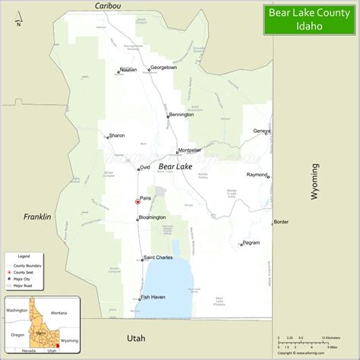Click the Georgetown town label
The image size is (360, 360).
163,68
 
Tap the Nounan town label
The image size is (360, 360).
128,70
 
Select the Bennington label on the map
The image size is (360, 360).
182,115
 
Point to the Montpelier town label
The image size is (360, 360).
188,150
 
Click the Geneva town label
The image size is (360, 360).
261,131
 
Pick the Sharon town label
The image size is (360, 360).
116,136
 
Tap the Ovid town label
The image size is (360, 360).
145,167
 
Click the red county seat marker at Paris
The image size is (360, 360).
137,202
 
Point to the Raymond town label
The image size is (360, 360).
257,175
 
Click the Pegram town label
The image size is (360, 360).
251,243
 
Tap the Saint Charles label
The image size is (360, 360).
158,258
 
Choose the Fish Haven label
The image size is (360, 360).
153,297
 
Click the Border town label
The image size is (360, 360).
281,222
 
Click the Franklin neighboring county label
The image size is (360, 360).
36,216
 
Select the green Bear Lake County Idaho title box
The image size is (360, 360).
310,19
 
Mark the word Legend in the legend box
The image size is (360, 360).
24,257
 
